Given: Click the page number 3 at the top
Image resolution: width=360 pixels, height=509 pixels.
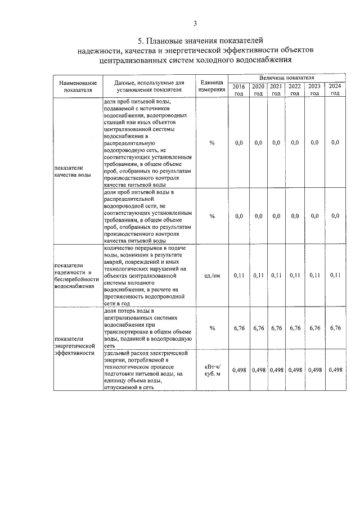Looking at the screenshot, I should point(195,23).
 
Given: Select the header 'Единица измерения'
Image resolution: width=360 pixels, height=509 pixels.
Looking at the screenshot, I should point(211,86).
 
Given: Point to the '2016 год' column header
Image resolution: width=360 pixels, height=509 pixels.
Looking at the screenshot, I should point(238,90).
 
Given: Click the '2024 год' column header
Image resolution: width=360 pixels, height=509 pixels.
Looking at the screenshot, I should point(335,90).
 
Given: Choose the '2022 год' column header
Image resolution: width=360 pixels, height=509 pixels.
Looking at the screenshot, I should point(294,90).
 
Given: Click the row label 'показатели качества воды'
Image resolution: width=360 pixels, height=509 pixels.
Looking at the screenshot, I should point(72,171).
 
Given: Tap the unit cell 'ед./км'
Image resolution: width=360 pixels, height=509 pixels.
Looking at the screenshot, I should point(211,276).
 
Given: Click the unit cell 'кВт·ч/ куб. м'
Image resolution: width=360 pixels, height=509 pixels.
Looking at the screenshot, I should point(211,369).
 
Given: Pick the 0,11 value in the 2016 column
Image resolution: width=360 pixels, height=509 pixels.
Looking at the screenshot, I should point(238,276).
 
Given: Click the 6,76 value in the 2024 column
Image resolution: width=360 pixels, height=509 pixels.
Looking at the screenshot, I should point(335,328).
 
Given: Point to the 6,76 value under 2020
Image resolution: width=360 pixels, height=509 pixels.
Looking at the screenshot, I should point(258,328).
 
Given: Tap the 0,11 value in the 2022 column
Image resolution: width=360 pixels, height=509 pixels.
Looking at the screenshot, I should point(294,276).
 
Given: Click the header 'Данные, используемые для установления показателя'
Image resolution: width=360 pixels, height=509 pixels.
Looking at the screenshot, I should point(149,86).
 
